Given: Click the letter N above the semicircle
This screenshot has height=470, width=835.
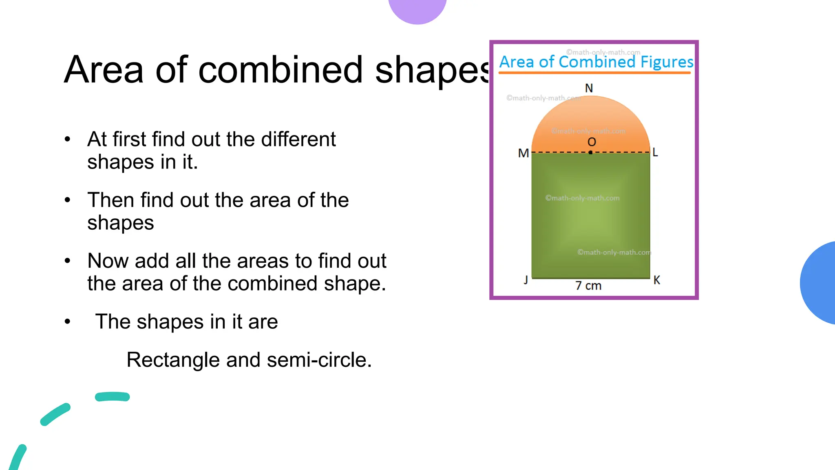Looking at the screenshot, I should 589,88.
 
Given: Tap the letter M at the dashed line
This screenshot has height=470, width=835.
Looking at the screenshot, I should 523,153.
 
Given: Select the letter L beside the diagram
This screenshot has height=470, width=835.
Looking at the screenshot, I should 655,152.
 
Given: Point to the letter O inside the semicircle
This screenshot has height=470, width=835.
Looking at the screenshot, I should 592,142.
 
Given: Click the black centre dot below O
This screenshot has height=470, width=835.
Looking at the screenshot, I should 590,153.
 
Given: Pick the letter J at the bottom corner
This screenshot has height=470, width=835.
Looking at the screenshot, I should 526,280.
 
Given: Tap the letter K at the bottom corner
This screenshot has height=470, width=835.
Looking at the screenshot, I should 656,280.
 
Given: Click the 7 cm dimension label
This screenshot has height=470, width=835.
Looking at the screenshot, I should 588,286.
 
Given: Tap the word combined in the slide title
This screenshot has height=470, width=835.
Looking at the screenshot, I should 280,70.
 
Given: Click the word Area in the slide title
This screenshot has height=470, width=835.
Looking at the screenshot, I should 104,70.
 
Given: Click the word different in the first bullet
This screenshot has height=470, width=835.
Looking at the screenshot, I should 298,139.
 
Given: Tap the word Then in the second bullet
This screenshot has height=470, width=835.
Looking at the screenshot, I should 110,200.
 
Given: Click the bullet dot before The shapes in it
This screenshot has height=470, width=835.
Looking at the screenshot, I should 67,322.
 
